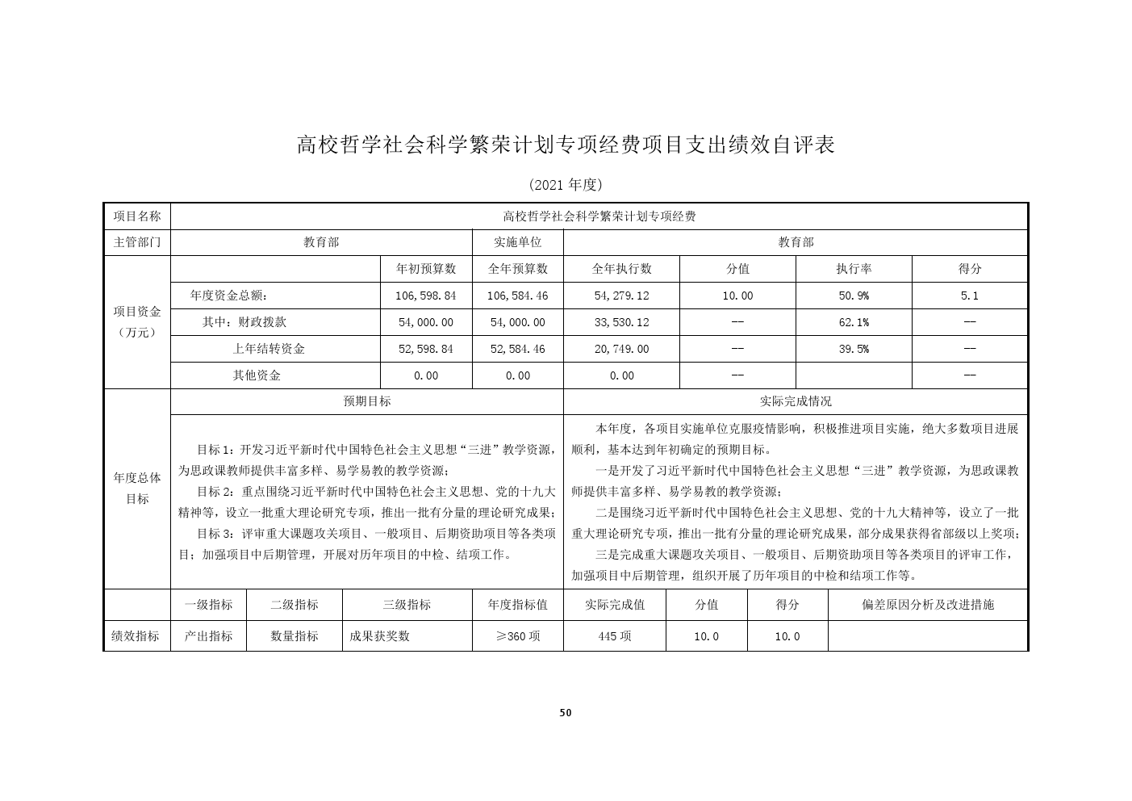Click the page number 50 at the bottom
[x=565, y=713]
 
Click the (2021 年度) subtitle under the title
[x=566, y=185]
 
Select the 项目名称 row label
[x=137, y=216]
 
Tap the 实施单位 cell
[x=517, y=242]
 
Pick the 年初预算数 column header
[x=426, y=269]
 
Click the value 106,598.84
[x=426, y=296]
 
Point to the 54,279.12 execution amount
[x=621, y=296]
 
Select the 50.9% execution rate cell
[x=854, y=296]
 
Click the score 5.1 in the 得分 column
[x=969, y=296]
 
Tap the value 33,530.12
[x=621, y=322]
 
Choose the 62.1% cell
[x=854, y=322]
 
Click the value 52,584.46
[x=517, y=349]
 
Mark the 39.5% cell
[x=854, y=349]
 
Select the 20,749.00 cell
[x=621, y=349]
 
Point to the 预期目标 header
[x=367, y=401]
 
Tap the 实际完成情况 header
[x=796, y=401]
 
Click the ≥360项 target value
[x=517, y=636]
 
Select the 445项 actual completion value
[x=615, y=636]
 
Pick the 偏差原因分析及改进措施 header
[x=928, y=605]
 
